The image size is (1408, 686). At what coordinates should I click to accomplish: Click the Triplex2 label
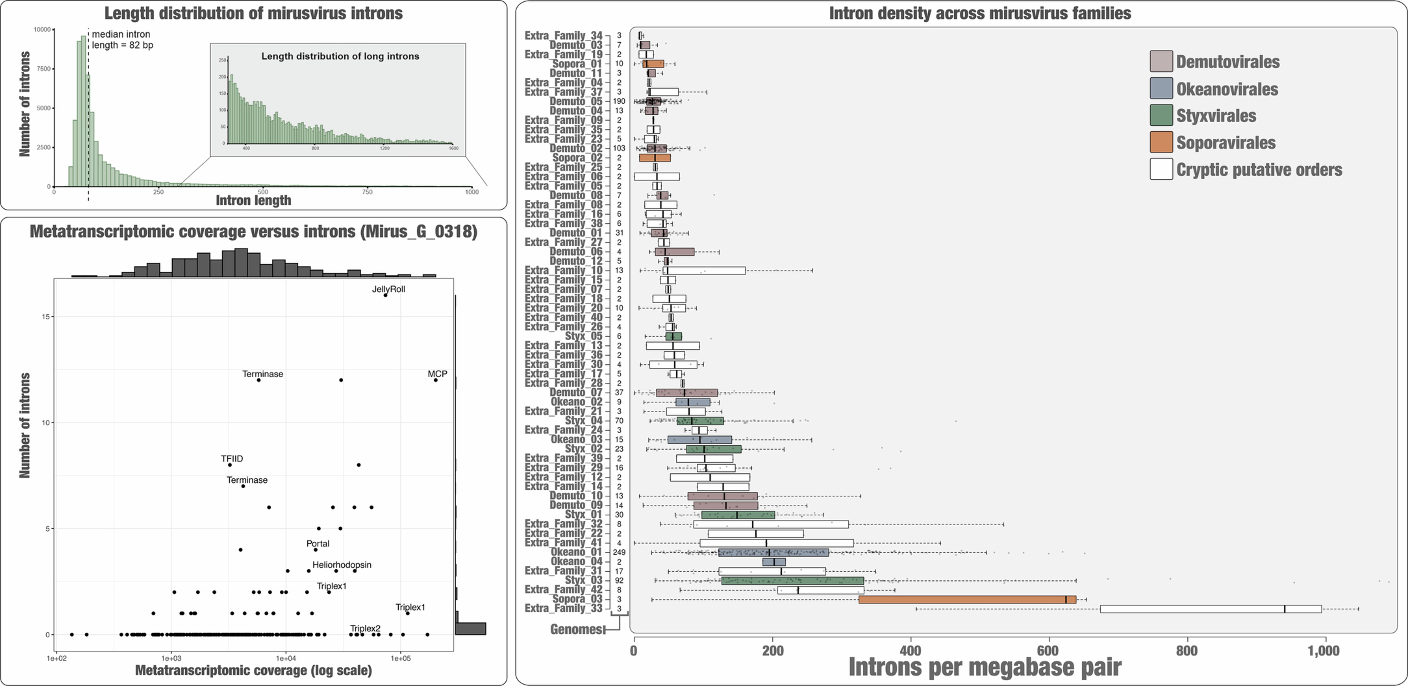click(365, 628)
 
